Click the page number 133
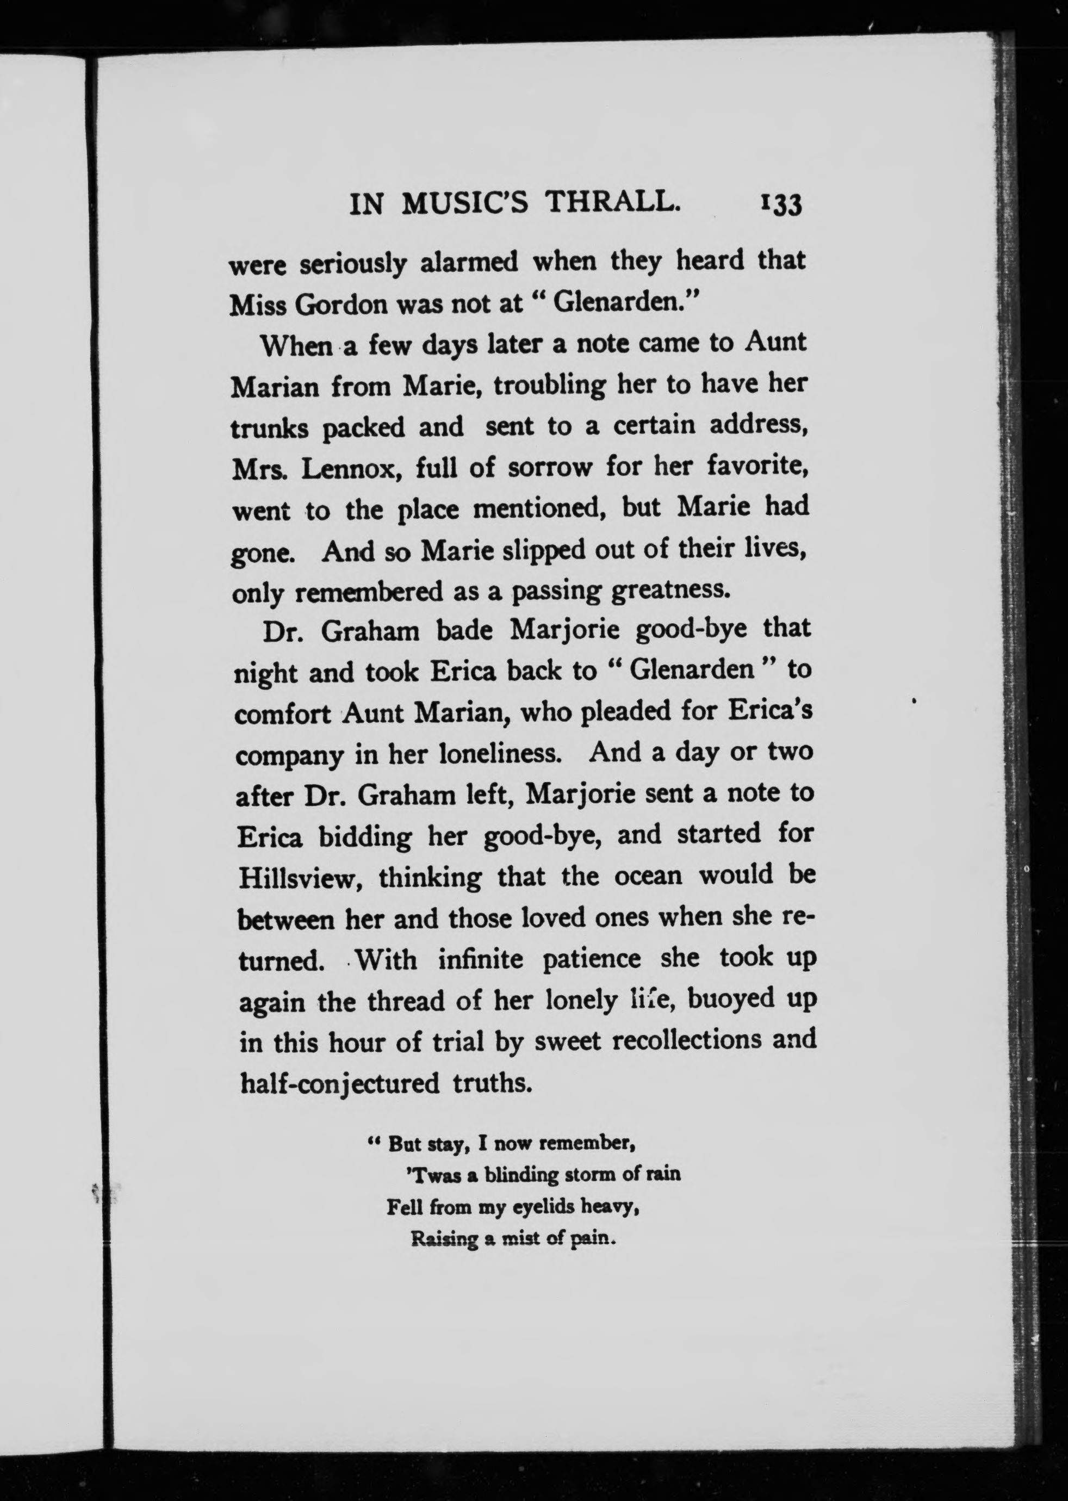pos(781,204)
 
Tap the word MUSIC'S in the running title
pos(464,203)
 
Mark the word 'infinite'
pos(483,960)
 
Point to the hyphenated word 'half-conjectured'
pos(339,1084)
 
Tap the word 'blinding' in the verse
pos(521,1175)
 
